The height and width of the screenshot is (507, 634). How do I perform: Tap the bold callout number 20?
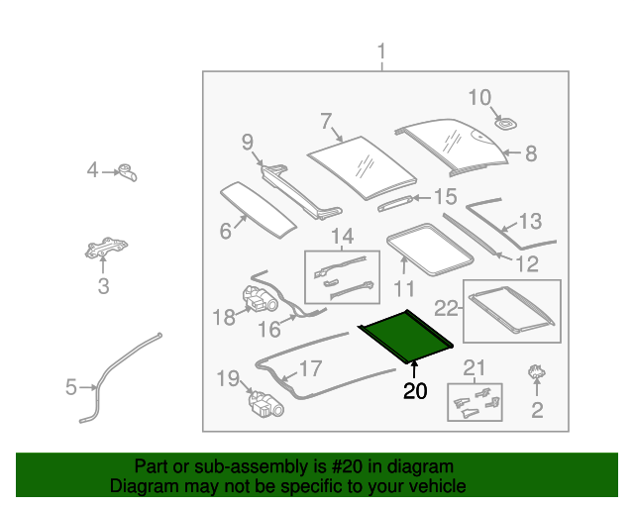pyautogui.click(x=415, y=391)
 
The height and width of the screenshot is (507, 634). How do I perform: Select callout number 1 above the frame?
pyautogui.click(x=382, y=51)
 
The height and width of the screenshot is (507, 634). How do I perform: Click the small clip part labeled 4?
pyautogui.click(x=128, y=172)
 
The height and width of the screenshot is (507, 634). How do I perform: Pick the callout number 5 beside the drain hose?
pyautogui.click(x=70, y=387)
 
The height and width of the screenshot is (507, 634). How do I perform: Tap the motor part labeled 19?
pyautogui.click(x=263, y=402)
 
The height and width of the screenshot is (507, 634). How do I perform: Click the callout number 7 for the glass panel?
pyautogui.click(x=325, y=122)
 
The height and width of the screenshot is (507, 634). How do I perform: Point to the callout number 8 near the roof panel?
pyautogui.click(x=530, y=153)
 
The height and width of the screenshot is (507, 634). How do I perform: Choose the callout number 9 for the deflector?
pyautogui.click(x=248, y=143)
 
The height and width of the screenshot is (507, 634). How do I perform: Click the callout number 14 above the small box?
pyautogui.click(x=341, y=238)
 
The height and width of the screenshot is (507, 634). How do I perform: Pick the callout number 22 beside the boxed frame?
pyautogui.click(x=449, y=308)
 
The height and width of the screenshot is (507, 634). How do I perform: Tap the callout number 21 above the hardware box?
pyautogui.click(x=475, y=369)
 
